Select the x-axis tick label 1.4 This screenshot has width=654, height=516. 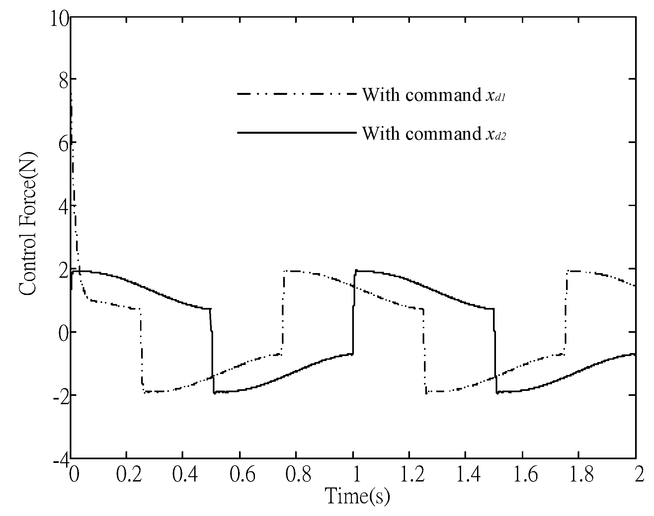pyautogui.click(x=466, y=476)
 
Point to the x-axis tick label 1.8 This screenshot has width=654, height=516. pyautogui.click(x=579, y=476)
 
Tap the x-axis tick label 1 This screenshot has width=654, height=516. pyautogui.click(x=354, y=476)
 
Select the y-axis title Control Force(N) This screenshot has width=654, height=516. pyautogui.click(x=27, y=223)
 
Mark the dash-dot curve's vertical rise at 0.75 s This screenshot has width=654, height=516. pyautogui.click(x=283, y=312)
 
